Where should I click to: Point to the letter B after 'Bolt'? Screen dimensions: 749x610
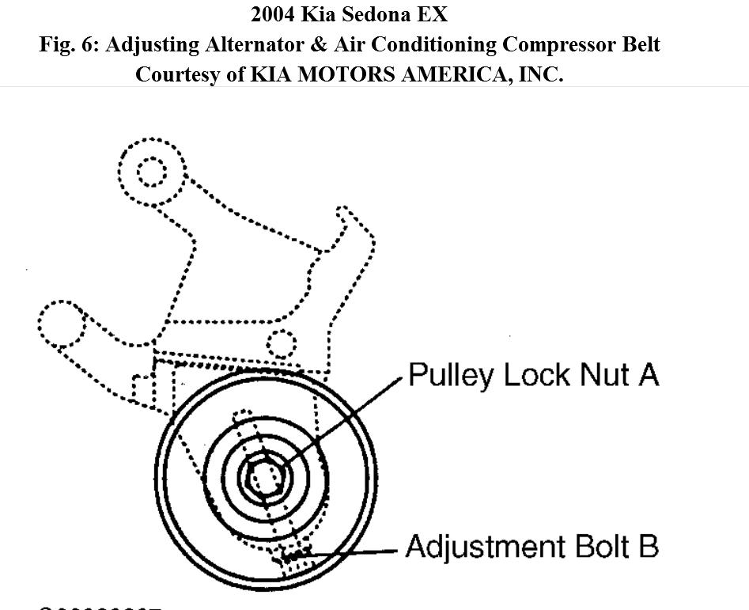point(648,547)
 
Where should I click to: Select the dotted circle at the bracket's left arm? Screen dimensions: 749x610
point(61,323)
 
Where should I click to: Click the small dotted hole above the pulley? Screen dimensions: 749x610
point(281,344)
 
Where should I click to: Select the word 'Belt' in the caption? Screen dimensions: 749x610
point(638,44)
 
